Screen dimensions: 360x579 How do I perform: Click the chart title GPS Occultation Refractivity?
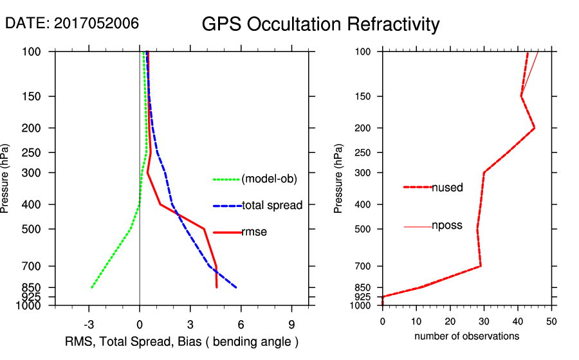pyautogui.click(x=320, y=24)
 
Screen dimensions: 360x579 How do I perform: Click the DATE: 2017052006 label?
pyautogui.click(x=72, y=23)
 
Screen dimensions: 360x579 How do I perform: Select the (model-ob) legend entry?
pyautogui.click(x=269, y=179)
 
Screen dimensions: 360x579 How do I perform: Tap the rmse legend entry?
pyautogui.click(x=254, y=232)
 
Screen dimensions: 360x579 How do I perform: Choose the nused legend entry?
pyautogui.click(x=447, y=187)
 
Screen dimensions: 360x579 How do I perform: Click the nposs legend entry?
pyautogui.click(x=446, y=226)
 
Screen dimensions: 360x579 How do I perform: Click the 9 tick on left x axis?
pyautogui.click(x=291, y=323)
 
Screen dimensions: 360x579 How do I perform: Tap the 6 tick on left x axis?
pyautogui.click(x=241, y=323)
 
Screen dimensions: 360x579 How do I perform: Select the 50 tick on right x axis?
pyautogui.click(x=551, y=320)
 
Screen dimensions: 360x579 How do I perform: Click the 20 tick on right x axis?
pyautogui.click(x=450, y=320)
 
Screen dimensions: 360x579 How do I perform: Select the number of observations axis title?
pyautogui.click(x=466, y=336)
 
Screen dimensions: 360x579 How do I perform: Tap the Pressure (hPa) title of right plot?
pyautogui.click(x=339, y=179)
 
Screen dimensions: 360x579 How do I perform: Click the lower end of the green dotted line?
pyautogui.click(x=92, y=287)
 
